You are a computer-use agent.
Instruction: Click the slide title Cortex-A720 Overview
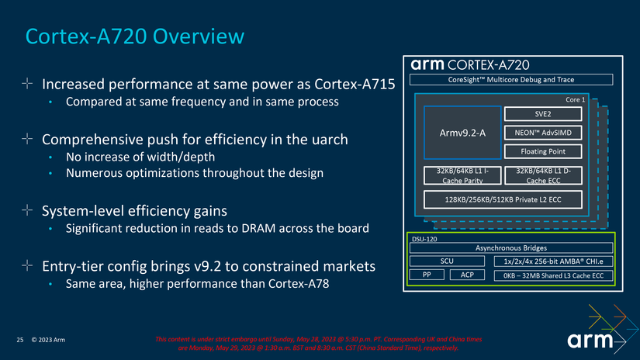pyautogui.click(x=135, y=36)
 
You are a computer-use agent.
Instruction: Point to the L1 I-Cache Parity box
pyautogui.click(x=460, y=176)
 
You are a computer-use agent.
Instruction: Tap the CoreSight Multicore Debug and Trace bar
pyautogui.click(x=510, y=79)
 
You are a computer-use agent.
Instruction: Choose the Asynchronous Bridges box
pyautogui.click(x=510, y=247)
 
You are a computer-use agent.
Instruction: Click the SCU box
pyautogui.click(x=447, y=261)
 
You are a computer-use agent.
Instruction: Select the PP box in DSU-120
pyautogui.click(x=427, y=275)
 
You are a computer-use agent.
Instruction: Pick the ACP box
pyautogui.click(x=467, y=275)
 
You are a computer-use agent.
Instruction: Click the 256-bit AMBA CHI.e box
pyautogui.click(x=552, y=261)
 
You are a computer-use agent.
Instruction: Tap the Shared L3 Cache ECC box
pyautogui.click(x=552, y=275)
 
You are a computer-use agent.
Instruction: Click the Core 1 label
pyautogui.click(x=575, y=100)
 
